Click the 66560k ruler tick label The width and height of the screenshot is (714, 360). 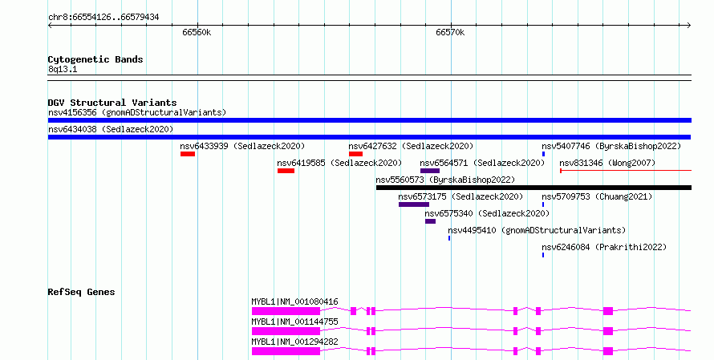click(197, 32)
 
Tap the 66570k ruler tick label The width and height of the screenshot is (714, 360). click(450, 32)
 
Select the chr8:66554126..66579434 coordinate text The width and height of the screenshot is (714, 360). click(103, 18)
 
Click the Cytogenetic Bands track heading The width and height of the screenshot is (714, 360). click(95, 59)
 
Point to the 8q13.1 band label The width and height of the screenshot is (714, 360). click(63, 69)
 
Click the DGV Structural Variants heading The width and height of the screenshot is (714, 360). click(112, 103)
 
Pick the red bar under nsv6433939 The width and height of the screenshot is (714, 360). click(188, 154)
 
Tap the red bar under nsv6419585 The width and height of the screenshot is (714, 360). click(286, 171)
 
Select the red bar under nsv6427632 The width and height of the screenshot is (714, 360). click(355, 154)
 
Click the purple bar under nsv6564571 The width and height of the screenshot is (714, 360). click(430, 171)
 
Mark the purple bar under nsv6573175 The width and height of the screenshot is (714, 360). click(414, 204)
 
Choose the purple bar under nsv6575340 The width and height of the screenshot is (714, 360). click(430, 221)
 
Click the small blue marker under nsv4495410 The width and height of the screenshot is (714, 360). click(449, 238)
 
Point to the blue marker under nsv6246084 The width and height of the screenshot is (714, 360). click(543, 255)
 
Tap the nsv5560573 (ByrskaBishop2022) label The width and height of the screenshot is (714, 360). click(445, 180)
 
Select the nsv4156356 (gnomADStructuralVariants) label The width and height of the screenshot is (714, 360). click(137, 112)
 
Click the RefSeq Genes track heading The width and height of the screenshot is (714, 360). click(81, 292)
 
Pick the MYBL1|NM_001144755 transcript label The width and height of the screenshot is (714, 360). click(294, 322)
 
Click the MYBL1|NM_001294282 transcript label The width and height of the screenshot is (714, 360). click(294, 342)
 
